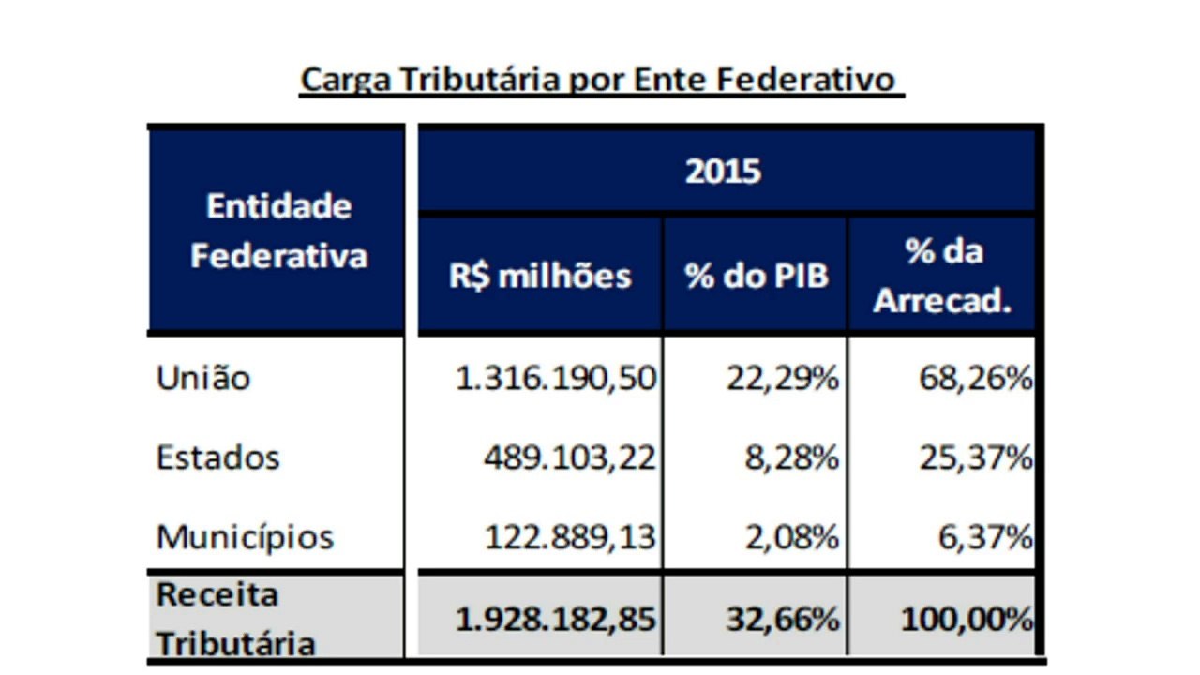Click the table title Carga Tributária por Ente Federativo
click(601, 80)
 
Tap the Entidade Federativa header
click(278, 231)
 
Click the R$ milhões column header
click(540, 276)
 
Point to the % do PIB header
click(757, 277)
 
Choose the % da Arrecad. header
click(942, 277)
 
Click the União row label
click(203, 378)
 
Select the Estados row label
click(217, 457)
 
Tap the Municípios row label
click(245, 537)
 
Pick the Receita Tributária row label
click(235, 619)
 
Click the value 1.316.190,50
click(556, 378)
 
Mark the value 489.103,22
click(570, 457)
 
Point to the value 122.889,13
click(570, 537)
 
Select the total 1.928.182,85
click(556, 619)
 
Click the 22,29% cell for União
click(782, 378)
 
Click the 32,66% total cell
click(782, 619)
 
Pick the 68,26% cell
click(975, 378)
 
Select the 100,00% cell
click(967, 619)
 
